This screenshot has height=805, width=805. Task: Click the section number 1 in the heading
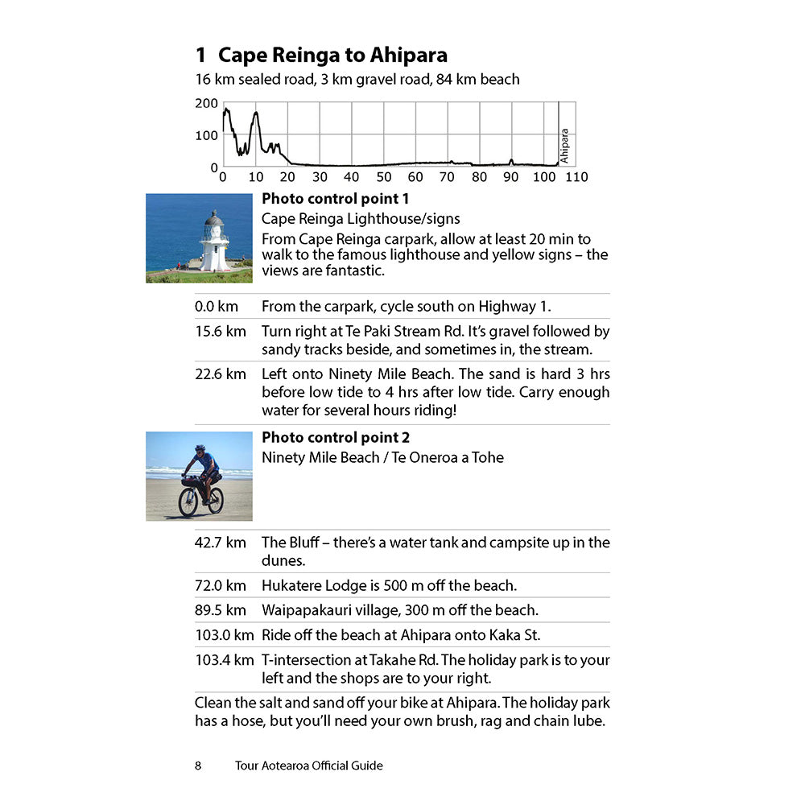click(x=201, y=56)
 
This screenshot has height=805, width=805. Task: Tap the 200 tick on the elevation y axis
click(x=206, y=103)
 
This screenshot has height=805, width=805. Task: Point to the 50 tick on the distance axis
click(x=383, y=177)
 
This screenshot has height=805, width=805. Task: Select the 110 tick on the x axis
click(x=576, y=177)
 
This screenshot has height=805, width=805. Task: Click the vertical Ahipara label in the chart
click(x=564, y=146)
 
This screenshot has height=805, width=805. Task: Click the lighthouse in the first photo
click(x=214, y=242)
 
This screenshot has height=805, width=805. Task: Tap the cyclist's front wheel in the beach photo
click(x=188, y=502)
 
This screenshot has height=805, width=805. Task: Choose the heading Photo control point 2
click(x=336, y=438)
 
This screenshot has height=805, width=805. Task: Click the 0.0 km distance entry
click(x=217, y=307)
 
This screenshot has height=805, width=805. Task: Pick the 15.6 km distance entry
click(x=220, y=332)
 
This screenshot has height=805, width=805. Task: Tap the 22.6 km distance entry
click(x=220, y=374)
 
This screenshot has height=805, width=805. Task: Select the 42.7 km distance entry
click(x=220, y=543)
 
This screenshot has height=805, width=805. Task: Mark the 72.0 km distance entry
click(x=220, y=586)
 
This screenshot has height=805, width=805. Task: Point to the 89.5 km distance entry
click(x=220, y=611)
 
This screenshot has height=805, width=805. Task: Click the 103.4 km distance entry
click(x=224, y=660)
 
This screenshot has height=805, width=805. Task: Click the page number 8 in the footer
click(x=198, y=766)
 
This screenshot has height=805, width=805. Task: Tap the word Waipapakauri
click(x=306, y=611)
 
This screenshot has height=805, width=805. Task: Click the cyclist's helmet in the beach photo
click(x=200, y=448)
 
